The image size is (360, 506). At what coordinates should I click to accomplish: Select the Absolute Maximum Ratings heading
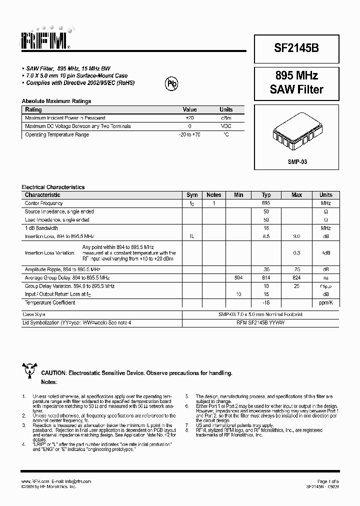coord(56,101)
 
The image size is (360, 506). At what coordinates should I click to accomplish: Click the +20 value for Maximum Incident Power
coord(189,118)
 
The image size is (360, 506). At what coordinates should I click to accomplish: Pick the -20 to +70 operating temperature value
coord(189,134)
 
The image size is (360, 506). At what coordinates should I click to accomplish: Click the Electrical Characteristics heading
coord(53,187)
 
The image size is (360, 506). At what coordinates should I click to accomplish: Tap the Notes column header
coord(214,195)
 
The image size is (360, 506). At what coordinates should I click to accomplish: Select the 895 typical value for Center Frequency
coord(266,203)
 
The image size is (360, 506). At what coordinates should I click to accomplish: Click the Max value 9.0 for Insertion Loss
coord(296,236)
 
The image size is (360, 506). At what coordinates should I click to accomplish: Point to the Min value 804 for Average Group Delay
coord(238,277)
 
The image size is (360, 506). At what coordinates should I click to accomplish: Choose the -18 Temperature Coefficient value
coord(266,303)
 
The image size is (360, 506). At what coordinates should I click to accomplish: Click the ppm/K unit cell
coord(326,303)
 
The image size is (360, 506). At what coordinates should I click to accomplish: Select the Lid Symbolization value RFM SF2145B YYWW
coord(266,323)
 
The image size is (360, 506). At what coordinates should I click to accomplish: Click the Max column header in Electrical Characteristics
coord(296,195)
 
